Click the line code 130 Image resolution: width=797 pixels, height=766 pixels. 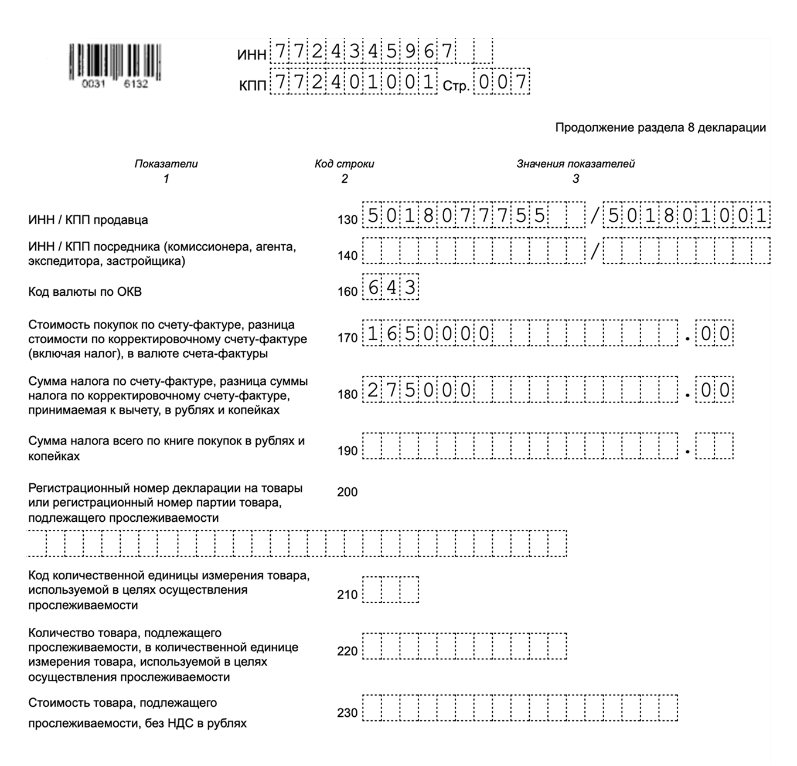(348, 220)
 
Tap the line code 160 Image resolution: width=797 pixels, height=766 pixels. (348, 291)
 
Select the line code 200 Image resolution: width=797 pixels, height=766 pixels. (348, 492)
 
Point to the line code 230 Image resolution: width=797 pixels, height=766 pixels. (348, 713)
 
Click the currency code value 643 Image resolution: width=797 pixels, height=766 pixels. (391, 288)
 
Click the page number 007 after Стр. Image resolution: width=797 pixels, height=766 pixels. (502, 83)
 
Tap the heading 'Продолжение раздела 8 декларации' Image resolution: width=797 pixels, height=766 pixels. (660, 128)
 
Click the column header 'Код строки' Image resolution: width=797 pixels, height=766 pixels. (344, 164)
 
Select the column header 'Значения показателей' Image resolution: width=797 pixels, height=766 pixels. (575, 164)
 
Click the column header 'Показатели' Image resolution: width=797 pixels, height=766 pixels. (166, 164)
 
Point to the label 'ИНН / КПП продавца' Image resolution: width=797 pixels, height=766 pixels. (88, 220)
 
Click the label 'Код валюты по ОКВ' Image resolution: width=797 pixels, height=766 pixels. (85, 292)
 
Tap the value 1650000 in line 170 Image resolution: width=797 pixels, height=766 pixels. (428, 333)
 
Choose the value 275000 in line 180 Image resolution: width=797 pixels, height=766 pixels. (419, 390)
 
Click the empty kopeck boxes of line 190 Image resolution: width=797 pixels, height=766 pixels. (715, 446)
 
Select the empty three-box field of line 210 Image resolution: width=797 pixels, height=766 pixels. (391, 590)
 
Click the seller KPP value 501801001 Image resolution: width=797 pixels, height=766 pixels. (686, 216)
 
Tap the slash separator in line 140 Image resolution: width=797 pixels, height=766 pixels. (595, 252)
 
